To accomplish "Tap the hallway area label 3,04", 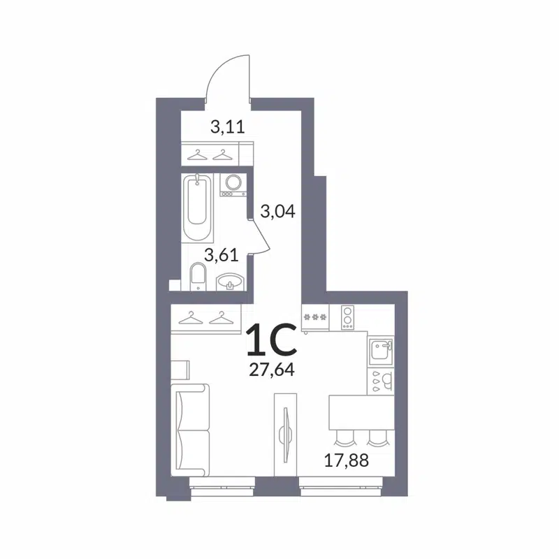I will [276, 210].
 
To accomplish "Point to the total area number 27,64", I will [270, 368].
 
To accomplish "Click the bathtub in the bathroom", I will [198, 207].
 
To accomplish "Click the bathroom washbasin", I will [229, 282].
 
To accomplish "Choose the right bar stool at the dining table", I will [377, 438].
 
